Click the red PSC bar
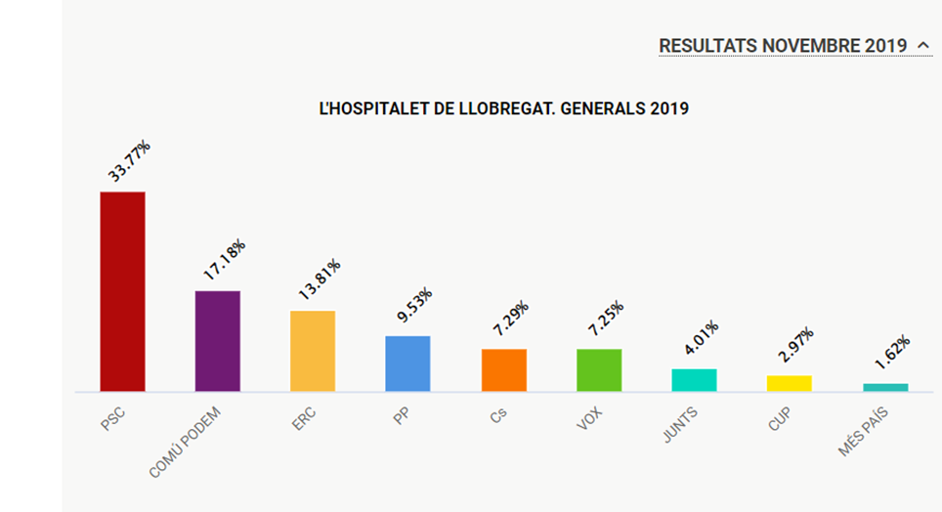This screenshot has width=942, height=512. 123,291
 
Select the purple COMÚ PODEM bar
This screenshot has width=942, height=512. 218,341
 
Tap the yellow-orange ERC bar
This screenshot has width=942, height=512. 313,351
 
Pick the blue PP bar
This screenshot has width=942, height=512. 407,363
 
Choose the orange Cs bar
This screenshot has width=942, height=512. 503,370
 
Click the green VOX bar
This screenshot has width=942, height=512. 599,370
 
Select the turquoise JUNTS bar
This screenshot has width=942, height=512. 694,380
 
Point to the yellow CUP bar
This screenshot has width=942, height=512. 790,383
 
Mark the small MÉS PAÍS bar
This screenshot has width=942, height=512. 885,388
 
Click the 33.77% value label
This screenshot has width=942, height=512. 129,162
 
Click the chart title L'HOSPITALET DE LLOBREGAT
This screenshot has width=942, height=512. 504,108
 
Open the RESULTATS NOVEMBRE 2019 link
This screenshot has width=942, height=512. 783,46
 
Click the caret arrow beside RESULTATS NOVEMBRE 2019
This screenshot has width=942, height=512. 923,45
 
